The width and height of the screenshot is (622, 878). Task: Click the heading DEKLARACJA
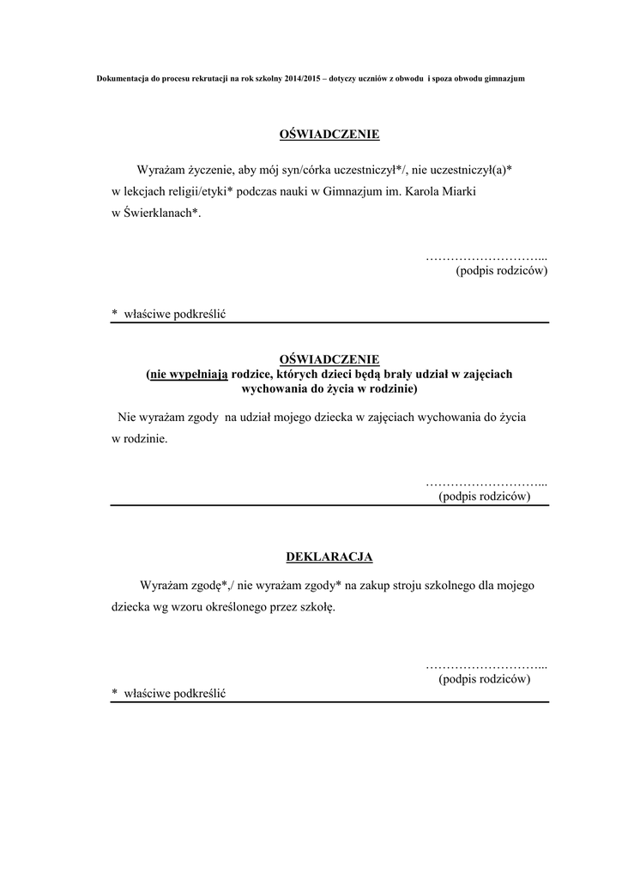[329, 557]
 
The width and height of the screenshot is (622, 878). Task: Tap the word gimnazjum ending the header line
[505, 78]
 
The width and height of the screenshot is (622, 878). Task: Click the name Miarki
[456, 192]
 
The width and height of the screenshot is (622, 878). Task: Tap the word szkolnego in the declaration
[457, 586]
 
